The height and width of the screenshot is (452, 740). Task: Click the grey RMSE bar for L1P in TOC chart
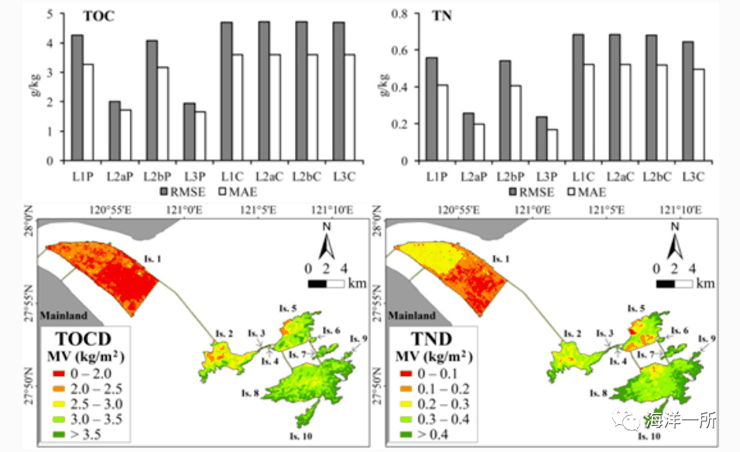[x=77, y=98]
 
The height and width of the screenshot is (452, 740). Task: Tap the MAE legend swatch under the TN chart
[x=573, y=190]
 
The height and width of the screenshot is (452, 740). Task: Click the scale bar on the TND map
[x=675, y=283]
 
